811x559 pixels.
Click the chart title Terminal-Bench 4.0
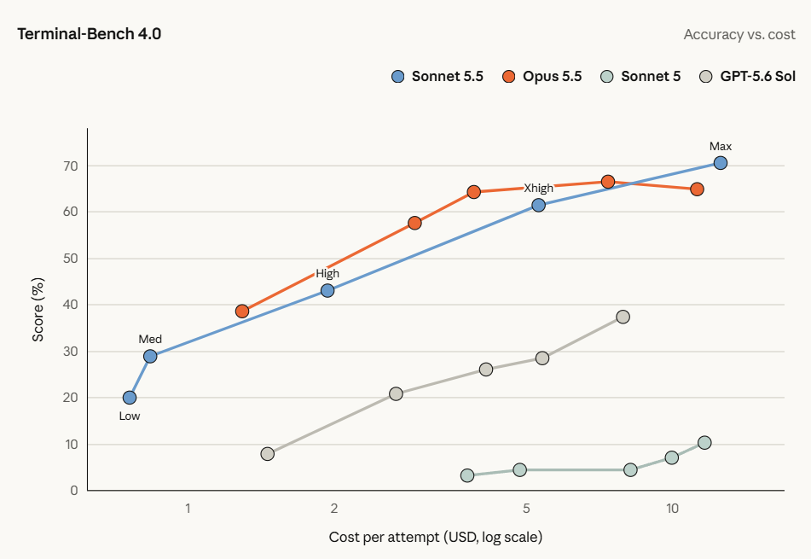[x=89, y=34]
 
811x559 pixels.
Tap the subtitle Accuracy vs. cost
[x=739, y=35]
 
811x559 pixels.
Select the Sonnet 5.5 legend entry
[x=437, y=77]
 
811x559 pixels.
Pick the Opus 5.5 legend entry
[x=542, y=77]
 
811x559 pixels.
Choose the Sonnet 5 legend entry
[x=640, y=77]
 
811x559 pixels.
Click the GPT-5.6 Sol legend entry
[x=747, y=77]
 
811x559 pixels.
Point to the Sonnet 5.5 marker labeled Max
[x=720, y=163]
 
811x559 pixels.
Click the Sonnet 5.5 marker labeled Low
[x=130, y=398]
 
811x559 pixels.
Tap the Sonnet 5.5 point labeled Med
[x=150, y=356]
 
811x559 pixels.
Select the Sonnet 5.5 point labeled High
[x=327, y=291]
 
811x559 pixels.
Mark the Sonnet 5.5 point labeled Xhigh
[x=538, y=206]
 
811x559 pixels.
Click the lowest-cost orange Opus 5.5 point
[x=242, y=311]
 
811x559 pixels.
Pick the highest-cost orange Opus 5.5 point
[x=697, y=189]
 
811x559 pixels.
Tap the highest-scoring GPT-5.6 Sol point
[x=623, y=317]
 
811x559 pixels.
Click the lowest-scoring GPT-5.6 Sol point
[x=268, y=454]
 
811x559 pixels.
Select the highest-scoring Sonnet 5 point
[x=704, y=443]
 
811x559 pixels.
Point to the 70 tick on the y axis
[x=71, y=166]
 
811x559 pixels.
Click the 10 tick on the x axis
[x=672, y=509]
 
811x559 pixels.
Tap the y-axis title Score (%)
[x=38, y=310]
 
